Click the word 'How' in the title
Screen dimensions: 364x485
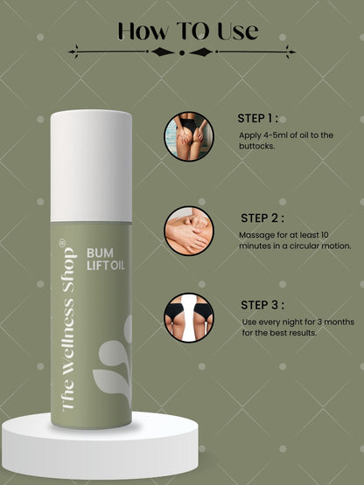click(143, 31)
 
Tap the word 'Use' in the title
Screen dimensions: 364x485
click(238, 31)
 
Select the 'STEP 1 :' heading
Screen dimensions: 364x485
click(258, 118)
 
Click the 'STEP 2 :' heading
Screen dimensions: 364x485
click(262, 218)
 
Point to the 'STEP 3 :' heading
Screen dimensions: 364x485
click(262, 305)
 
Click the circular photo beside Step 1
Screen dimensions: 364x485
click(189, 136)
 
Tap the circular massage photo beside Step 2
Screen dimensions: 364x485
click(189, 231)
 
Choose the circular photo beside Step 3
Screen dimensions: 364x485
click(189, 318)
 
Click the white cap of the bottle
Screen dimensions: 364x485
click(91, 166)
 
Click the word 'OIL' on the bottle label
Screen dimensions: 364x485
click(118, 266)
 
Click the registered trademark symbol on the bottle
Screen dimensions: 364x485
click(62, 242)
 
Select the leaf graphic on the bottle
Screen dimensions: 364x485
click(112, 362)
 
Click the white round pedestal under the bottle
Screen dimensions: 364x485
click(100, 446)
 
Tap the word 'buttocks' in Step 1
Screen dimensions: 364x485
click(256, 146)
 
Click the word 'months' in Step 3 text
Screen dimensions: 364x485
click(339, 322)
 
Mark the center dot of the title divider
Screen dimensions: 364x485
click(182, 52)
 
